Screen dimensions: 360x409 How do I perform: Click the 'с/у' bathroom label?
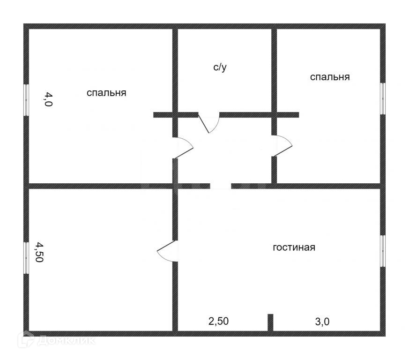[x=220, y=68]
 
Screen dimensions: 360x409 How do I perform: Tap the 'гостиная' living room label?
[x=294, y=247]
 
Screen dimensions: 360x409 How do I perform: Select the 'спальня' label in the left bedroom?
[x=106, y=93]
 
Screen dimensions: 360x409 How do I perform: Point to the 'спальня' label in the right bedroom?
[x=330, y=77]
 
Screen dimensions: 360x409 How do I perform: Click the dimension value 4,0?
[x=49, y=100]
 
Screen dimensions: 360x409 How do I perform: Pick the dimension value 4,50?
[x=40, y=252]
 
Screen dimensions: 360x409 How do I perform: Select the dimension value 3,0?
[x=323, y=322]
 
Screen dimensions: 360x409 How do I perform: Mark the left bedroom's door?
[x=183, y=148]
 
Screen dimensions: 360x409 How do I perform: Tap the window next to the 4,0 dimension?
[x=27, y=100]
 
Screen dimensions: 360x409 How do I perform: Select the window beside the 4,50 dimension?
[x=27, y=257]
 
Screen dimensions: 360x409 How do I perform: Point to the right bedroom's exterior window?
[x=383, y=98]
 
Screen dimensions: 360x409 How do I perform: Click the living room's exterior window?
[x=383, y=251]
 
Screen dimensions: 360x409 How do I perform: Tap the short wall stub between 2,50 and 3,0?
[x=270, y=322]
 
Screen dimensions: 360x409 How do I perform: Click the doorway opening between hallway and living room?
[x=220, y=186]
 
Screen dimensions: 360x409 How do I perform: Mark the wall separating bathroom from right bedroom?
[x=274, y=70]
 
